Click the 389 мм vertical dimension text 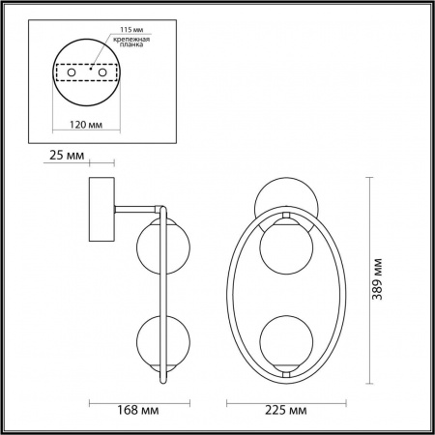point(384,278)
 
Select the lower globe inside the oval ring point(284,338)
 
